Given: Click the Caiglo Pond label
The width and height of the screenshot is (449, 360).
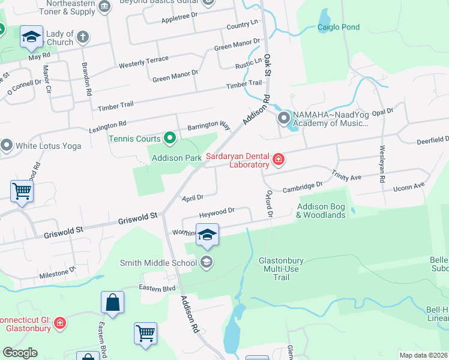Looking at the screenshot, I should click(x=339, y=27).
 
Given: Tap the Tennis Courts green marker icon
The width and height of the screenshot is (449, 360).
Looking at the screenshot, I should click(x=170, y=139).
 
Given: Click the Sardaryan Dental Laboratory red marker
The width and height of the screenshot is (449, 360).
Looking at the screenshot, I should click(x=278, y=160).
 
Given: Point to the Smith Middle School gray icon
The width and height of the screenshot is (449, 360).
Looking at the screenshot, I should click(x=206, y=262).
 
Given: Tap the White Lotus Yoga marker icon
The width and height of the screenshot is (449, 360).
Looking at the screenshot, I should click(x=7, y=145).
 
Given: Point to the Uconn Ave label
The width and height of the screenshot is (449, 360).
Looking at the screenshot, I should click(x=409, y=187).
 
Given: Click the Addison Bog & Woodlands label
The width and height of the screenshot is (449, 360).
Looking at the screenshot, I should click(x=321, y=211).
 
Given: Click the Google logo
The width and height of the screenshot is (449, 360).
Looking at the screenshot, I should click(x=19, y=353).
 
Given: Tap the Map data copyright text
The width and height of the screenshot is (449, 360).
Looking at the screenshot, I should click(x=423, y=355).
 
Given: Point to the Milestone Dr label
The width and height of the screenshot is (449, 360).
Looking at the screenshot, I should click(x=58, y=274).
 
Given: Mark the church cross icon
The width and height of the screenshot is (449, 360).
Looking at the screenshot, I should click(x=83, y=37).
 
